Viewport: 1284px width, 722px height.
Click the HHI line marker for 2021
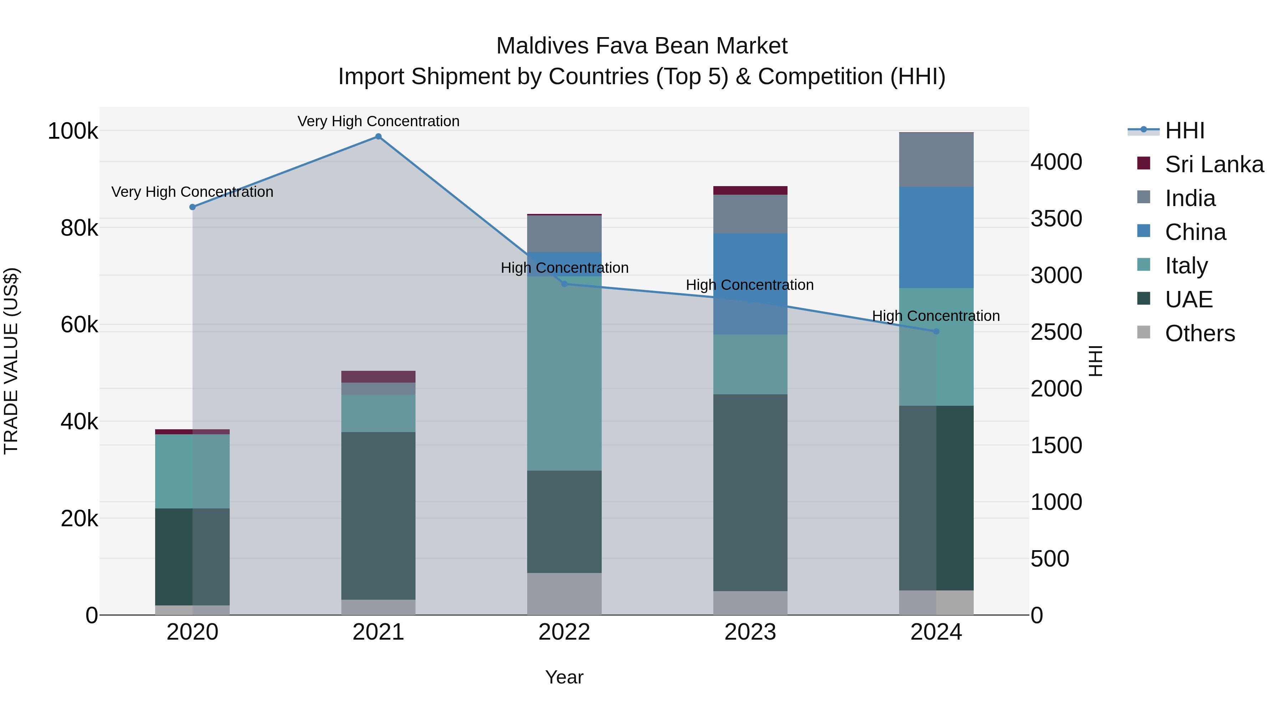pos(378,137)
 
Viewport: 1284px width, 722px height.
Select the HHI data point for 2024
pos(936,331)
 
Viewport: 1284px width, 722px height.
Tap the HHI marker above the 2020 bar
pos(192,207)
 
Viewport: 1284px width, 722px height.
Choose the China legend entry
pos(1195,232)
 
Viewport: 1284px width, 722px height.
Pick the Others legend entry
pos(1200,333)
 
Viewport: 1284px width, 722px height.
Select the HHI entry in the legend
pos(1184,130)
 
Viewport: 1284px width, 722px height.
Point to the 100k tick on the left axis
pos(73,132)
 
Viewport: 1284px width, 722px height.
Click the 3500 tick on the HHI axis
pos(1056,219)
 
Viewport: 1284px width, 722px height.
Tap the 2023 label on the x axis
pos(750,632)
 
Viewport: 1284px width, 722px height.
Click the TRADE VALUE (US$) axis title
pos(11,361)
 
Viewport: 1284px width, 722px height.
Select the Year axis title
pos(564,677)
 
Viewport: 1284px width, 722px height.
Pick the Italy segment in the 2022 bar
pos(564,374)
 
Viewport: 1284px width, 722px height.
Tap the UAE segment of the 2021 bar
pos(378,516)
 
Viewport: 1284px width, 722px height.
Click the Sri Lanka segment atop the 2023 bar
pos(750,190)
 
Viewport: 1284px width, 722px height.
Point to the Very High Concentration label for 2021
pos(378,121)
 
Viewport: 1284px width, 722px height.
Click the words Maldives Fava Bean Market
pos(642,46)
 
